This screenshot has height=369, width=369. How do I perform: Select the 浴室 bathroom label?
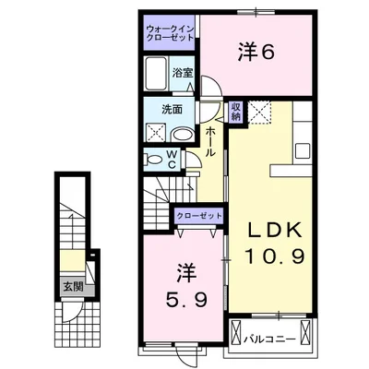(x=182, y=72)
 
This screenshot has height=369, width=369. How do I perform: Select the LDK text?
(x=271, y=230)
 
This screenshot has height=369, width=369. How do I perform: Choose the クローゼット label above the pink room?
(x=200, y=215)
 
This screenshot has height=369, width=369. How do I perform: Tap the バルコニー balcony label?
(x=271, y=339)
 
